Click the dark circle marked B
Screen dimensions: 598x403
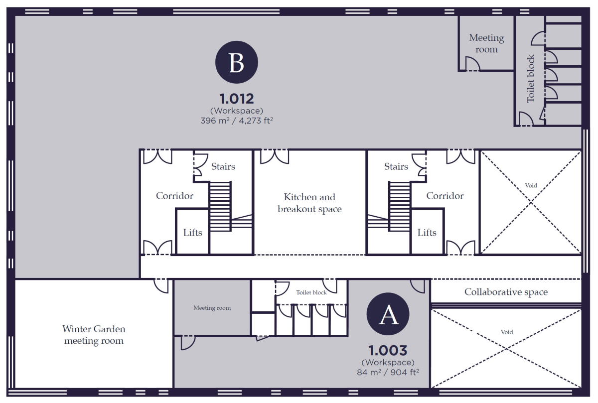(237, 62)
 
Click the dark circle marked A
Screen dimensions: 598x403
(388, 314)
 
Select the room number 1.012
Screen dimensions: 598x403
(237, 99)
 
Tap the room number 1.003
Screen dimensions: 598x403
(388, 350)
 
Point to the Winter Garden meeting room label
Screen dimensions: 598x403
(94, 335)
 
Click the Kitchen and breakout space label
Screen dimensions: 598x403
(309, 203)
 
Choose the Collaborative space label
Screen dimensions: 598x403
(506, 292)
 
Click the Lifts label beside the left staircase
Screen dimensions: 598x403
(192, 233)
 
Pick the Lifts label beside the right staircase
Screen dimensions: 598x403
(427, 233)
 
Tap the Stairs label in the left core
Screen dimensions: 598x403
(223, 166)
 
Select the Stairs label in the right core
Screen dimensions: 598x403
(396, 166)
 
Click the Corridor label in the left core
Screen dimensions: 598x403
(174, 196)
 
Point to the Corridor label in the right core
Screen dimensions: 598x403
(445, 196)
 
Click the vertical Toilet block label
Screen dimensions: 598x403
(530, 79)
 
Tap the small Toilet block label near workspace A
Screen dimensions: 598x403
(311, 292)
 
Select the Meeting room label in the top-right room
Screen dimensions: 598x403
(487, 43)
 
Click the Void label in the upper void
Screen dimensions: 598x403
(531, 185)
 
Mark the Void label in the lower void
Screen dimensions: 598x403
(507, 332)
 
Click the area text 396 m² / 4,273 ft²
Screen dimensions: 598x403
(237, 121)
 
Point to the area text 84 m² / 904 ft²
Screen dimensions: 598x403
(388, 372)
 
